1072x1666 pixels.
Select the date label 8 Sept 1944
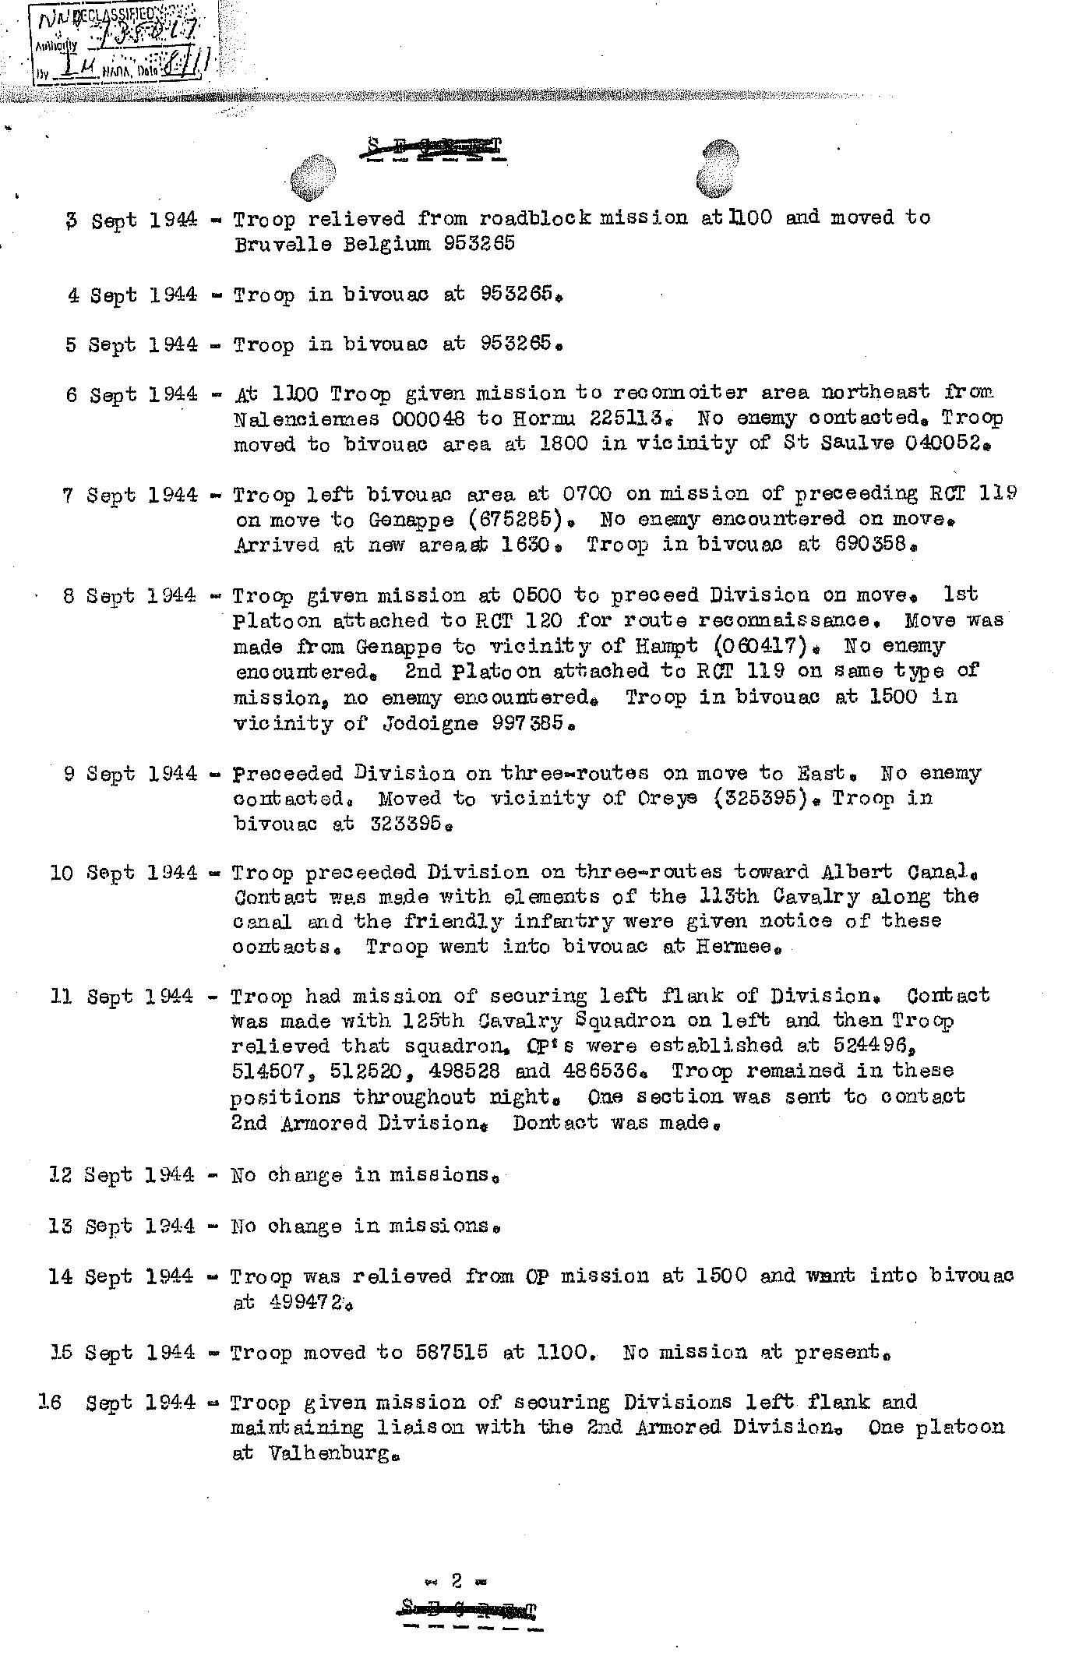point(131,595)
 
